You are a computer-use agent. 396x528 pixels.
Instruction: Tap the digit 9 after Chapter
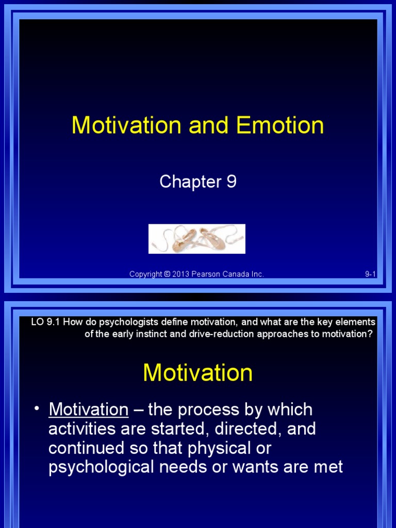pyautogui.click(x=231, y=181)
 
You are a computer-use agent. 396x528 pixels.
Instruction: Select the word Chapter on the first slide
pyautogui.click(x=190, y=181)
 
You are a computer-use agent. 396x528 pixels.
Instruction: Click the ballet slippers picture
pyautogui.click(x=197, y=239)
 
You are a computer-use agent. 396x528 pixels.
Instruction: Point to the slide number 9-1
pyautogui.click(x=370, y=274)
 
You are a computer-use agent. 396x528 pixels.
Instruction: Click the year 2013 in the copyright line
pyautogui.click(x=181, y=274)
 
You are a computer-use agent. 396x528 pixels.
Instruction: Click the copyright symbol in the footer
pyautogui.click(x=167, y=274)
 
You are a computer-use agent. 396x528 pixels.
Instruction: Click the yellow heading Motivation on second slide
pyautogui.click(x=197, y=373)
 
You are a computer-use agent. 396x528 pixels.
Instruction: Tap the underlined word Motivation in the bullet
pyautogui.click(x=88, y=410)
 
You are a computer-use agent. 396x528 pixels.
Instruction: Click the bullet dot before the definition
pyautogui.click(x=37, y=409)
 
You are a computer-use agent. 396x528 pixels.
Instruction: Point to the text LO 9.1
pyautogui.click(x=42, y=322)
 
